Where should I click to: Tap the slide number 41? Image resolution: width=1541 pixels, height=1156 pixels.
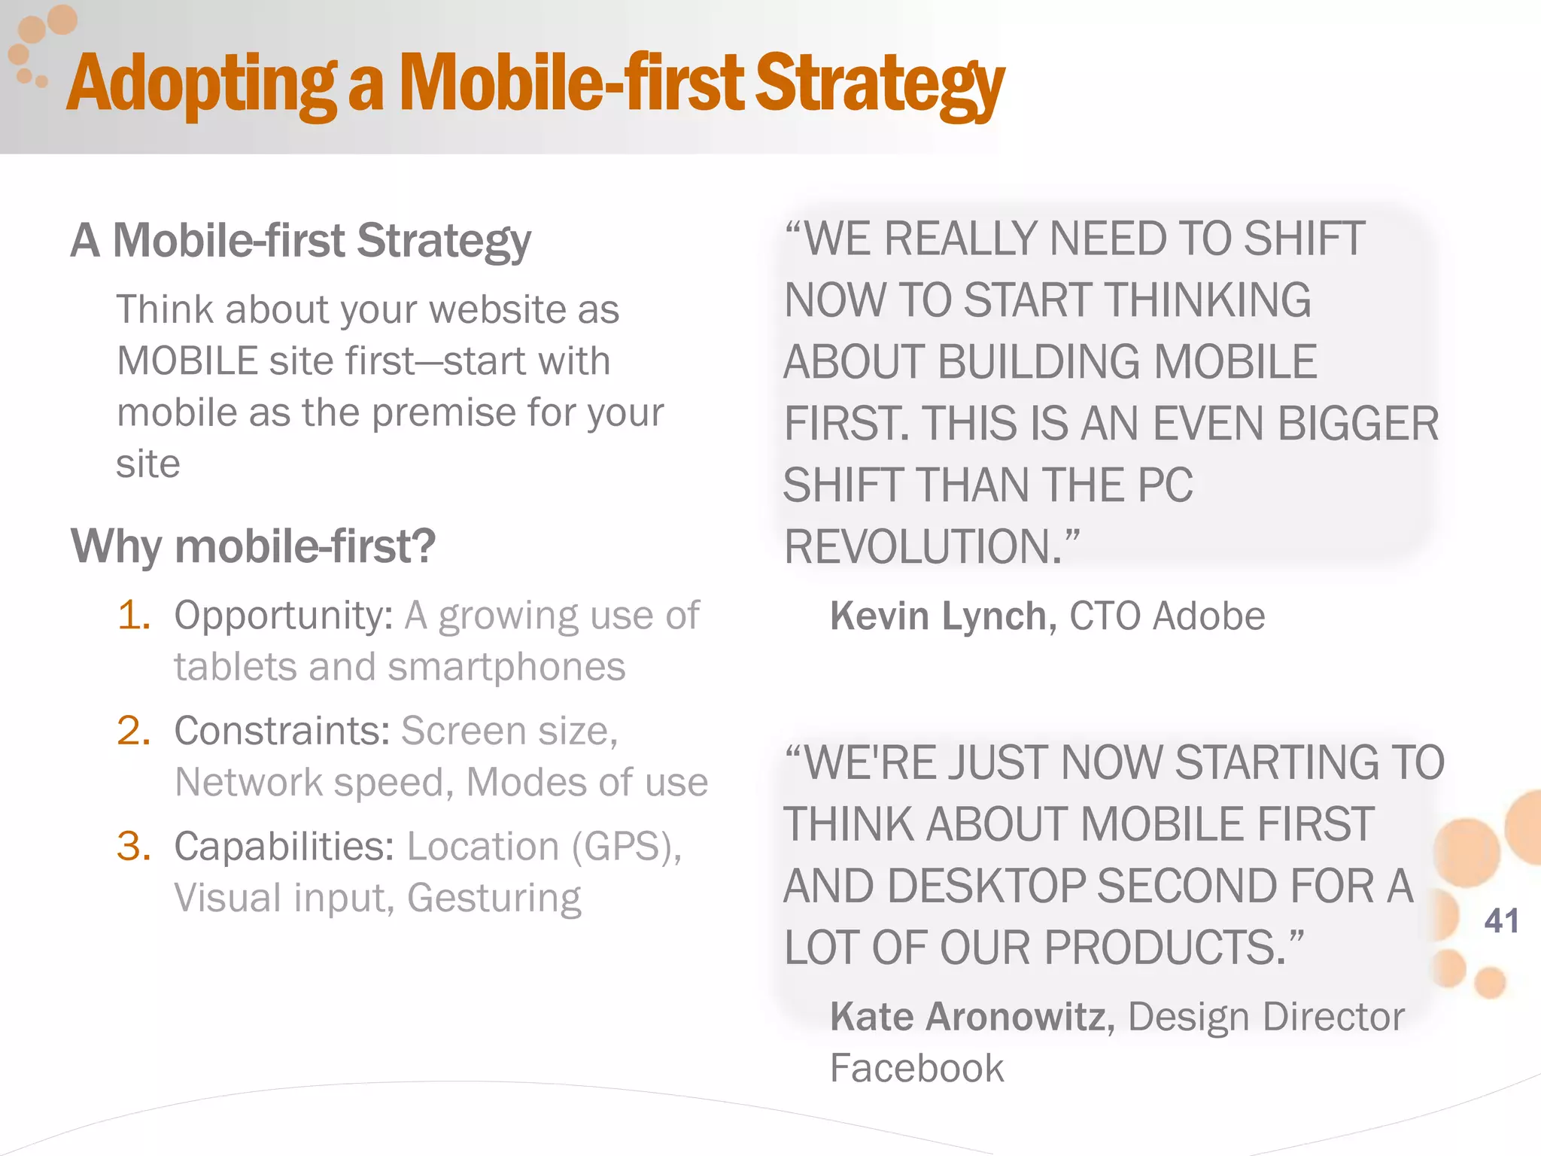pyautogui.click(x=1501, y=921)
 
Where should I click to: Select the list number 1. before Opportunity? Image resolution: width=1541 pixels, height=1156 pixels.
pyautogui.click(x=134, y=616)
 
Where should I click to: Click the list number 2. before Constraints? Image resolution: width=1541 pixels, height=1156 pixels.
pyautogui.click(x=134, y=731)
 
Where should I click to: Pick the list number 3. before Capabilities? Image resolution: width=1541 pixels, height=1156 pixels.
pyautogui.click(x=134, y=846)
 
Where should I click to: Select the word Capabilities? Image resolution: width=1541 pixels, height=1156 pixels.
pyautogui.click(x=284, y=847)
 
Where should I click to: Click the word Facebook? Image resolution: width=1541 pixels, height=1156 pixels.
pyautogui.click(x=916, y=1068)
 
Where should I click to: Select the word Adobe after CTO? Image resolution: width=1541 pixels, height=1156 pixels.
pyautogui.click(x=1208, y=616)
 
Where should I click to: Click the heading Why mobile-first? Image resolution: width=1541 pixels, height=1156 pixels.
pyautogui.click(x=253, y=546)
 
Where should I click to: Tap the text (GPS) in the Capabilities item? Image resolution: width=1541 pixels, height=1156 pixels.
pyautogui.click(x=622, y=847)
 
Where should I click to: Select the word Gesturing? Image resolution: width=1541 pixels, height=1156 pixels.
pyautogui.click(x=494, y=899)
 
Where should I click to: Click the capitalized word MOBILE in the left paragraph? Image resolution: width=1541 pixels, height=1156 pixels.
pyautogui.click(x=188, y=361)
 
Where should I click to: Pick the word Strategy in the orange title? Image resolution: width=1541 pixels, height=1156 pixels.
pyautogui.click(x=879, y=84)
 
